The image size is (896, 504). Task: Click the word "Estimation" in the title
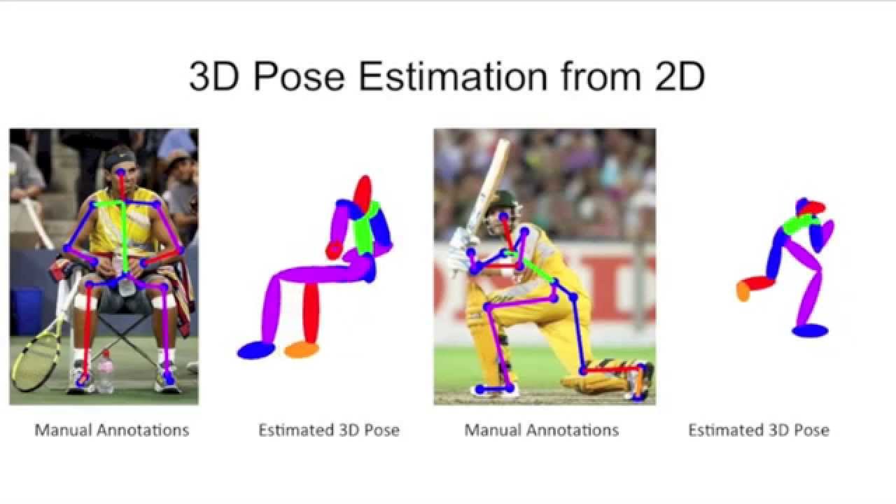click(453, 76)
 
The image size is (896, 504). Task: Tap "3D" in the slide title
click(214, 76)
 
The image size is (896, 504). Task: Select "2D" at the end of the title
click(679, 76)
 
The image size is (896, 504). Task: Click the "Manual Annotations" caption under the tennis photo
click(111, 430)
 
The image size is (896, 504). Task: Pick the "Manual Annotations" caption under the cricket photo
click(541, 430)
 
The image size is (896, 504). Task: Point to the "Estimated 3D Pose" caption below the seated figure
click(329, 430)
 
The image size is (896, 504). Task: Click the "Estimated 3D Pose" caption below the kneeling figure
click(758, 430)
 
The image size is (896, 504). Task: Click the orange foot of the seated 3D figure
click(302, 349)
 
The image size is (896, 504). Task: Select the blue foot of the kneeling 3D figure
click(810, 331)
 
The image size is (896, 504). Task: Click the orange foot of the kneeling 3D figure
click(743, 291)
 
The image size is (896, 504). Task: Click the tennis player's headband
click(118, 159)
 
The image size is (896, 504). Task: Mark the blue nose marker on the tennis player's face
click(121, 172)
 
